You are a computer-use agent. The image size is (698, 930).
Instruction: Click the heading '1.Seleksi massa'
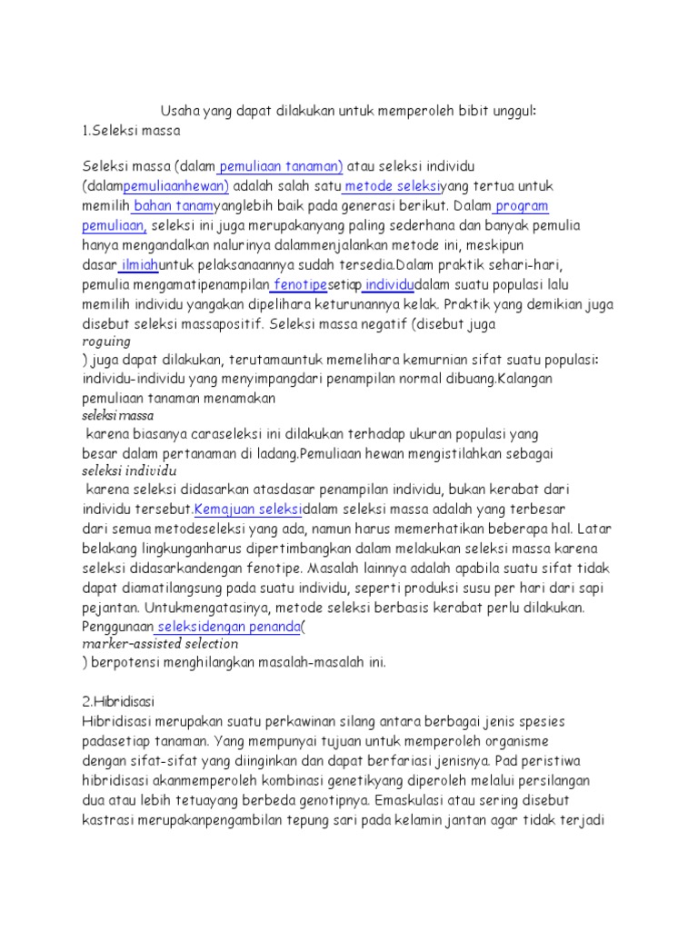[x=131, y=130]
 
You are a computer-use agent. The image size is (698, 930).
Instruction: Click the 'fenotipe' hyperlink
[x=301, y=284]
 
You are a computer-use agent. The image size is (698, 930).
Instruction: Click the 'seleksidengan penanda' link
[x=227, y=626]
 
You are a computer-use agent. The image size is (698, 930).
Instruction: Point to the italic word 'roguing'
[x=106, y=341]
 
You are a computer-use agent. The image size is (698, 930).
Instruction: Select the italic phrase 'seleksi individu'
[x=128, y=471]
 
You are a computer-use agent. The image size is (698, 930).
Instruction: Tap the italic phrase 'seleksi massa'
[x=118, y=415]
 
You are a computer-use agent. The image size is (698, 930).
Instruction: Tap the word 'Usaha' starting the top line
[x=179, y=111]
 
